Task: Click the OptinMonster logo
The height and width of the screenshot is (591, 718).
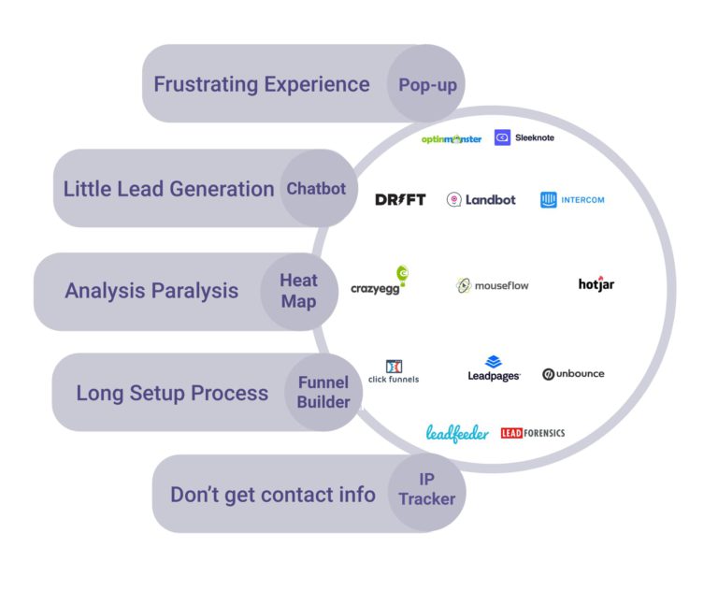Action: click(x=452, y=138)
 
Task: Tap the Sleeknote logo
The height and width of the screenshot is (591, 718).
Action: click(x=524, y=137)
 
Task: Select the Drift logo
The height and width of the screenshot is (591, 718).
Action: click(x=400, y=199)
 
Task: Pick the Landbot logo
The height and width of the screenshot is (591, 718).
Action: click(x=481, y=199)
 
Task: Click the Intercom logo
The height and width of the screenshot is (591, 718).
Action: click(x=572, y=199)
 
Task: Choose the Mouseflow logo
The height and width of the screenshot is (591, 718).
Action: click(x=492, y=285)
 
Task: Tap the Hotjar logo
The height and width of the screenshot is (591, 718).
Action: click(x=596, y=283)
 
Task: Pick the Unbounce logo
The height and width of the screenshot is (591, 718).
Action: click(x=573, y=374)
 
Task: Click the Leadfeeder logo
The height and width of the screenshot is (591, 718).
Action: click(x=457, y=434)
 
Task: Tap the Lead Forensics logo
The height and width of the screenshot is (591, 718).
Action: click(x=533, y=433)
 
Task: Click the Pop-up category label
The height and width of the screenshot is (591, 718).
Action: click(x=427, y=85)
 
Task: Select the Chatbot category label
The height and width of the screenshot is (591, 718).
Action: click(x=316, y=189)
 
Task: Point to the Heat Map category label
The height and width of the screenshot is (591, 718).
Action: click(x=298, y=291)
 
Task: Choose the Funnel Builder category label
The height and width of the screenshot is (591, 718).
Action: click(x=323, y=393)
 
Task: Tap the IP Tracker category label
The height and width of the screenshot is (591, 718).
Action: click(x=426, y=489)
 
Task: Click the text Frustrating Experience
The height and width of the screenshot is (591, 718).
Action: click(x=262, y=84)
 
